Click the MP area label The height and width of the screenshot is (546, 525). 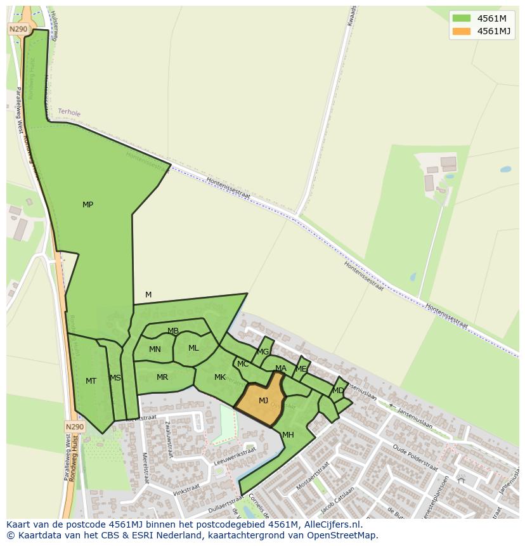pos(87,205)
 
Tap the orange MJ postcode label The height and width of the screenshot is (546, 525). pos(263,400)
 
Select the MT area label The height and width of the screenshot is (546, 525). pos(91,381)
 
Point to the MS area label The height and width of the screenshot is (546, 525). pos(115,378)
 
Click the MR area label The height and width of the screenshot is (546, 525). pos(162,377)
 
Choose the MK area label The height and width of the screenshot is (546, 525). pos(219,377)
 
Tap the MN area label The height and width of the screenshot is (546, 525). pos(155,349)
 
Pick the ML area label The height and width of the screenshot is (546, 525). pos(193,348)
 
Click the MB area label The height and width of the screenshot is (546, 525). pos(173,331)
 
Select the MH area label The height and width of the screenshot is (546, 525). pos(288,435)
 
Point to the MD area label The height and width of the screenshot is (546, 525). pos(338,391)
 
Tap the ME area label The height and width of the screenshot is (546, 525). pos(301,369)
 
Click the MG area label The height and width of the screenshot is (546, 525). pos(263,352)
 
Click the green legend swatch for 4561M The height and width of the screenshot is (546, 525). pos(462,18)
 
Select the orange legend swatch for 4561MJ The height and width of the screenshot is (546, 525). pos(462,31)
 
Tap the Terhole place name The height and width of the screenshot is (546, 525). pos(69,112)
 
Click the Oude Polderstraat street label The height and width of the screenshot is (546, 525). pos(415,458)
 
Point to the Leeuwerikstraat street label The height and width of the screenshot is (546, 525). pos(235,457)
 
